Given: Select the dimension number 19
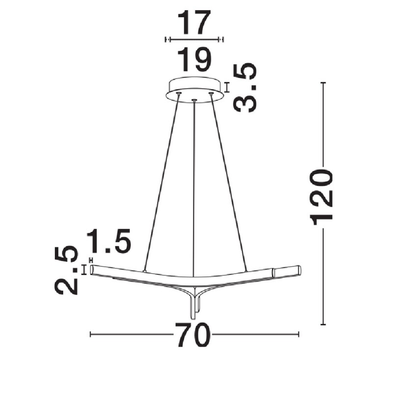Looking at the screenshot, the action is (195, 59).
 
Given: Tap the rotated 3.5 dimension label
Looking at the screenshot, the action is (245, 87).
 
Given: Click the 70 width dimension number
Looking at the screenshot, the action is (193, 334).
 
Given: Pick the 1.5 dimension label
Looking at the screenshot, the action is (109, 241).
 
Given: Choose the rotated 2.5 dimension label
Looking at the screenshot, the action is (66, 270).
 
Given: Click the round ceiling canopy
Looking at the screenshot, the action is (195, 90).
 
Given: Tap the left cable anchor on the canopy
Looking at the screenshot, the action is (179, 93).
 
